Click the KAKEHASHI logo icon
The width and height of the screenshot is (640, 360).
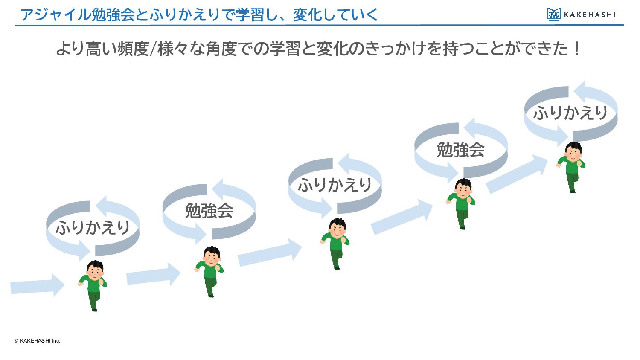pyautogui.click(x=554, y=15)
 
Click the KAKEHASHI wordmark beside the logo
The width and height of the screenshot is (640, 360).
pyautogui.click(x=590, y=15)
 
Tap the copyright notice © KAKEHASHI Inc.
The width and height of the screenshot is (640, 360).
pyautogui.click(x=37, y=340)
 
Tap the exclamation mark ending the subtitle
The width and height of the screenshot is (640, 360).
pyautogui.click(x=577, y=49)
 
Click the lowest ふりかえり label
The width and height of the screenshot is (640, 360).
pyautogui.click(x=93, y=228)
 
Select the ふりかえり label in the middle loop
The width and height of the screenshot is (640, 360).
pyautogui.click(x=335, y=185)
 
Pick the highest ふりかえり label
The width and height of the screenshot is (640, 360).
pyautogui.click(x=570, y=113)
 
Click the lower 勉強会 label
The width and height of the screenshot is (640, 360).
pyautogui.click(x=209, y=211)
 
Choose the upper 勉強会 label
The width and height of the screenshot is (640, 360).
pyautogui.click(x=460, y=150)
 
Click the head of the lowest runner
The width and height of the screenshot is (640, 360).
pyautogui.click(x=96, y=269)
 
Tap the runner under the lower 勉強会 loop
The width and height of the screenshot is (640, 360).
pyautogui.click(x=209, y=272)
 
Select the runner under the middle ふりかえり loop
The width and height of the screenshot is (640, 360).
pyautogui.click(x=335, y=244)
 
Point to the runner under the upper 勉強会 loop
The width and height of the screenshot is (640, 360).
pyautogui.click(x=460, y=204)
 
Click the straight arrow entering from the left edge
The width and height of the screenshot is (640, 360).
pyautogui.click(x=37, y=285)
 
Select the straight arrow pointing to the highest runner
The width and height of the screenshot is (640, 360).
pyautogui.click(x=517, y=174)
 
